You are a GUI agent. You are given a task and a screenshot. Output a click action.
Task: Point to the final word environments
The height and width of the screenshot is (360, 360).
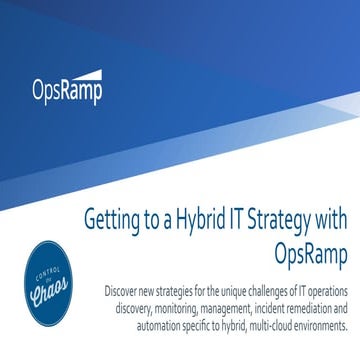click(314, 314)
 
